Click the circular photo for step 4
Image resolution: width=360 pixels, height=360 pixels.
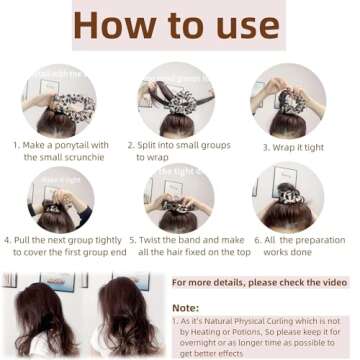coord(61,199)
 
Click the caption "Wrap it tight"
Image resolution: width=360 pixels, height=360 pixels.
coord(294,146)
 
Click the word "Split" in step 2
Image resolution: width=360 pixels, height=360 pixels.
coord(148,145)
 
